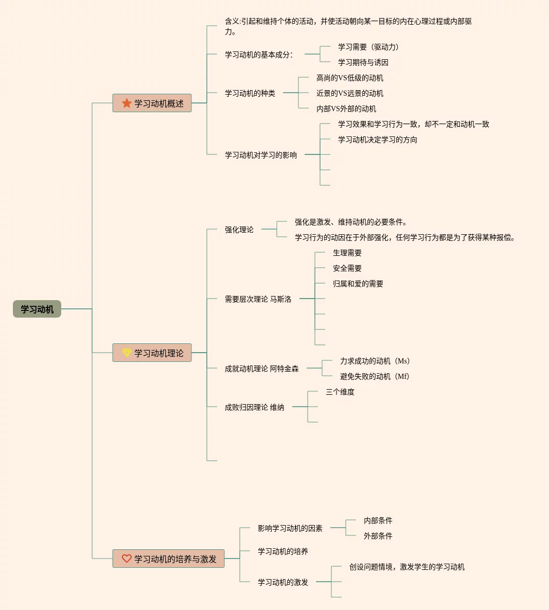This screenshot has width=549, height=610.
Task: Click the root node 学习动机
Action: click(37, 309)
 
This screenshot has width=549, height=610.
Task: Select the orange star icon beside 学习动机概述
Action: click(127, 103)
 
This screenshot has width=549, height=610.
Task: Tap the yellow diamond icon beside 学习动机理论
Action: click(127, 353)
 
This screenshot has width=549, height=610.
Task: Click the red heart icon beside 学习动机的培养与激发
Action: click(127, 559)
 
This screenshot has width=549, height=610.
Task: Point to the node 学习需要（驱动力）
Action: click(368, 47)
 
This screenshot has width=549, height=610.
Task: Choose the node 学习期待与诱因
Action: click(363, 62)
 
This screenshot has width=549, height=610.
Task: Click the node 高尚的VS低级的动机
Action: click(350, 78)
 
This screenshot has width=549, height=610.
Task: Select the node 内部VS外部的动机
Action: click(346, 109)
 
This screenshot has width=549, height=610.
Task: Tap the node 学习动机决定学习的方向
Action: click(378, 140)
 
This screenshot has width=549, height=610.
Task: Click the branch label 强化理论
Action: click(239, 230)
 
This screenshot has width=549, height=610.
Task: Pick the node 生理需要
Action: click(347, 253)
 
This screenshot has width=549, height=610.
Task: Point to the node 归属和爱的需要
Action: click(358, 284)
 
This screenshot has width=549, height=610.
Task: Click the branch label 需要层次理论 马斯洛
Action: click(258, 299)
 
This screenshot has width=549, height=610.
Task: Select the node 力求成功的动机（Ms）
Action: click(375, 361)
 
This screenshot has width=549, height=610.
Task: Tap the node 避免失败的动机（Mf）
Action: click(374, 376)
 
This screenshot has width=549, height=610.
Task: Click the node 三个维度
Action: click(340, 392)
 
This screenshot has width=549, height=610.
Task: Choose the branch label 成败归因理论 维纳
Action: click(254, 407)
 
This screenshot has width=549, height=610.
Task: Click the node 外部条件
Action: click(378, 536)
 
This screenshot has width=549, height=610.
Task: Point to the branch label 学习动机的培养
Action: click(283, 551)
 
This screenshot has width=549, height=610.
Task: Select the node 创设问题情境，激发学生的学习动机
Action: click(407, 567)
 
